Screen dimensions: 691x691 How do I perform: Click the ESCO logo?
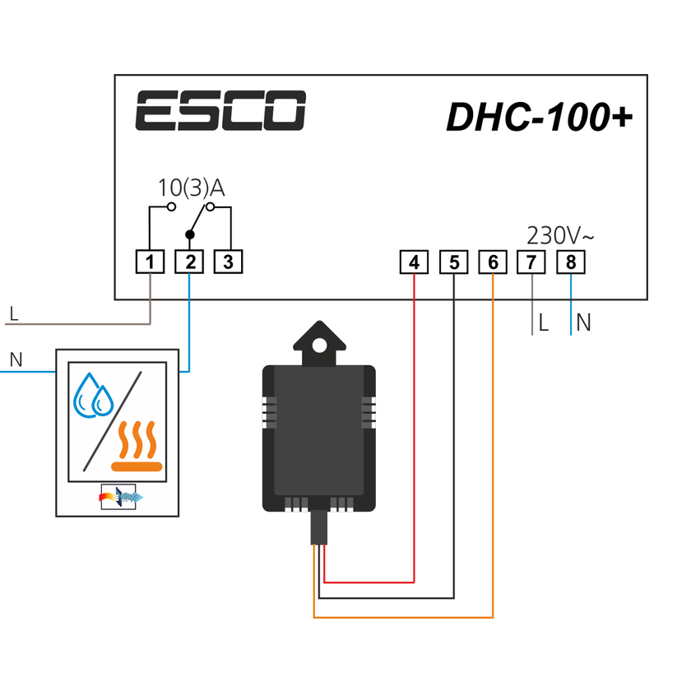coord(220,111)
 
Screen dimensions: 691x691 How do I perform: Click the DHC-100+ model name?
coord(539,117)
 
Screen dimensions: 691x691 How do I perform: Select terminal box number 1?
coord(150,262)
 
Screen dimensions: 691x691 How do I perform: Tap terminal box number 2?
coord(189,262)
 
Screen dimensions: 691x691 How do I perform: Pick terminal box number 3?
coord(229,262)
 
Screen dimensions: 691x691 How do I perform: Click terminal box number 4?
coord(414,262)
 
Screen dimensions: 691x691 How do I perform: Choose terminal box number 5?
coord(453,262)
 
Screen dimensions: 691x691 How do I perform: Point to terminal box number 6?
coord(493,262)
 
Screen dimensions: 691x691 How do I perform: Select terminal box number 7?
coord(531,262)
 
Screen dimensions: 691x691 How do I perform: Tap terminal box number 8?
coord(571,262)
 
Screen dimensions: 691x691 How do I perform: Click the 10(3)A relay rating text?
coord(191,188)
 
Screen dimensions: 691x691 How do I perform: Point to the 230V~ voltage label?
coord(560,236)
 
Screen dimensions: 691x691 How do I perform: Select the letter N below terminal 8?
coord(583,323)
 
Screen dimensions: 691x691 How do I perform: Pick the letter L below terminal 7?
coord(543,323)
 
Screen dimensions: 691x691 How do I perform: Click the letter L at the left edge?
coord(13,313)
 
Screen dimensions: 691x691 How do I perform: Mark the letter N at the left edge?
coord(15,359)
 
